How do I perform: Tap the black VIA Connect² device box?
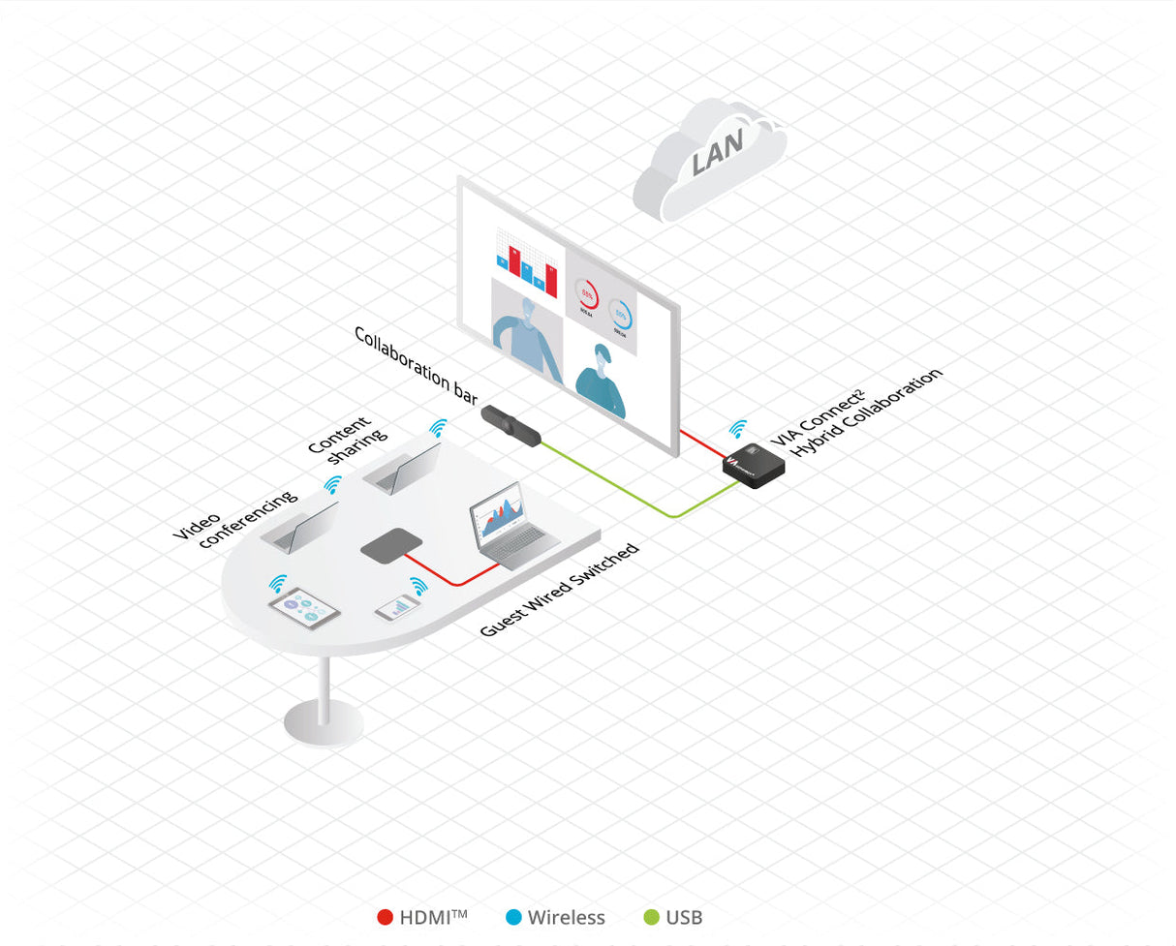coord(754,465)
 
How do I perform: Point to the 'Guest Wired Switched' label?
coord(560,590)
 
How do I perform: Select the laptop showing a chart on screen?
coord(510,533)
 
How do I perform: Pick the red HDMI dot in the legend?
coord(385,917)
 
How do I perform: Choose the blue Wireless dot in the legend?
coord(512,917)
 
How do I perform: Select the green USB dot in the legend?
coord(651,917)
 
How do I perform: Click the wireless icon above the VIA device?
coord(738,428)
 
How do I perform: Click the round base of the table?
coord(323,722)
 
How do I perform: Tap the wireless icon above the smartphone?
coord(418,586)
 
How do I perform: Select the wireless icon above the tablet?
coord(279,583)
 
